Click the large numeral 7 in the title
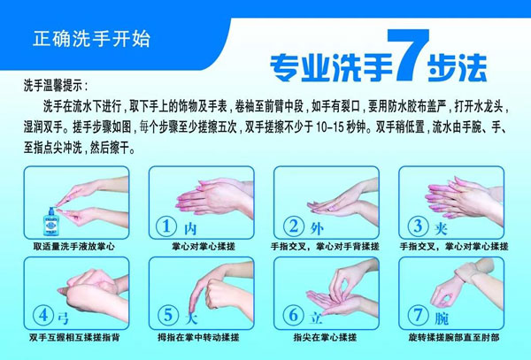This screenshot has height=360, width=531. [408, 55]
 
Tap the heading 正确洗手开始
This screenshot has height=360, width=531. [91, 39]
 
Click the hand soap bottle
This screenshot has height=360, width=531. [51, 222]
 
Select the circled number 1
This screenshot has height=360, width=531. [166, 226]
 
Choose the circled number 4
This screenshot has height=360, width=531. [43, 316]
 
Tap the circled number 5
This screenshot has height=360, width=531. [168, 316]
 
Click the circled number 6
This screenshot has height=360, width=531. [293, 316]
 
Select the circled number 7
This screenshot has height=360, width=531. [418, 316]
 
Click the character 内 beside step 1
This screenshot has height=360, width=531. [190, 229]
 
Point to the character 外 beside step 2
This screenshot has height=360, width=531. [317, 229]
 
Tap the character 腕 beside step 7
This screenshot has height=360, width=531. [442, 318]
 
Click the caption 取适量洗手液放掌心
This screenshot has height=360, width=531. [73, 246]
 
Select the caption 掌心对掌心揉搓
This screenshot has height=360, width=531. [204, 246]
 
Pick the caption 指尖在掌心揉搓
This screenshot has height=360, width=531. [325, 337]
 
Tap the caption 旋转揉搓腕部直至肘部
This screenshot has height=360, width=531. [454, 337]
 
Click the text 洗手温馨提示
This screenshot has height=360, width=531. [52, 86]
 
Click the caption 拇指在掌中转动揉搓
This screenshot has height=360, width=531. [198, 337]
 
